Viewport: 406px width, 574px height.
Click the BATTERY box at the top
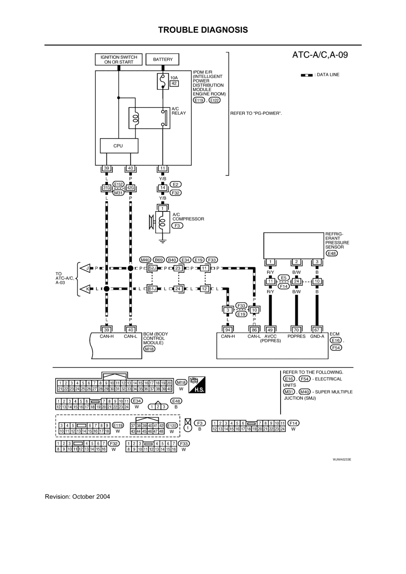[x=163, y=60]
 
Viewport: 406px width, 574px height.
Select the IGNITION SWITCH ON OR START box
[x=119, y=60]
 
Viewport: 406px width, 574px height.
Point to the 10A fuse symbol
[x=162, y=81]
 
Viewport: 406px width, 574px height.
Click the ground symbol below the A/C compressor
[x=162, y=242]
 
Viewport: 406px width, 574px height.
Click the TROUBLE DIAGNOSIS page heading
[x=203, y=30]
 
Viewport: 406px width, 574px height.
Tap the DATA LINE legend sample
[x=307, y=75]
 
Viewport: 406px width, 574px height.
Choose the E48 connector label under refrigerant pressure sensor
[x=331, y=253]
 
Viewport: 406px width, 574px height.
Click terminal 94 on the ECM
[x=228, y=330]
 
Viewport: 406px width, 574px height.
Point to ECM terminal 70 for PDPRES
[x=296, y=330]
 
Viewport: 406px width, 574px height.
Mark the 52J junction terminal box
[x=153, y=268]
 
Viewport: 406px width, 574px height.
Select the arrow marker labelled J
[x=86, y=268]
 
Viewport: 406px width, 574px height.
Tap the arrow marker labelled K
[x=86, y=289]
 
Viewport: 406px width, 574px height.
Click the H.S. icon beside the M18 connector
[x=197, y=384]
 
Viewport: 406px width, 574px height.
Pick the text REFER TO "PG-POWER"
[x=256, y=113]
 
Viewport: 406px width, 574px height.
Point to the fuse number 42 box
[x=174, y=83]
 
